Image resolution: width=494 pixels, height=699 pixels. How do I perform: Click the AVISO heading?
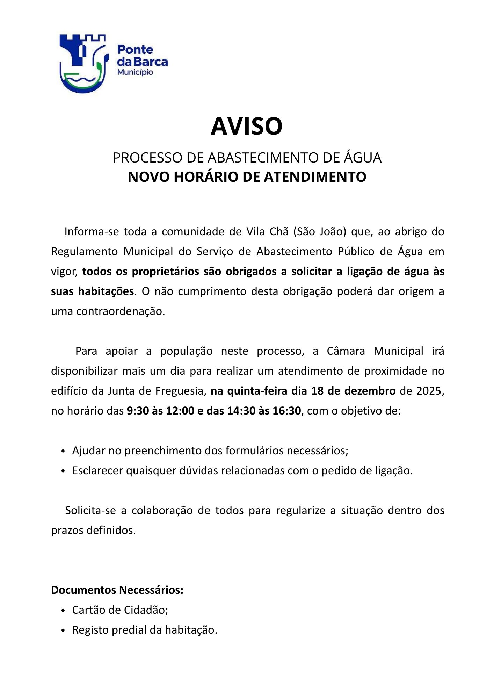(246, 126)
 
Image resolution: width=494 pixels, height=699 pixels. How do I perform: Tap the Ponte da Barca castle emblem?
(83, 63)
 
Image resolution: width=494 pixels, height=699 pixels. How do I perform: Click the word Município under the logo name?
(135, 72)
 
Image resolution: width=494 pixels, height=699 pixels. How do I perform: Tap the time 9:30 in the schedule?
(138, 411)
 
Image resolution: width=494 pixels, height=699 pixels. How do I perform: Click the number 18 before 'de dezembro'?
(318, 391)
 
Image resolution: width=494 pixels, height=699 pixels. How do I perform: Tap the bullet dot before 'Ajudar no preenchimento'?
(63, 451)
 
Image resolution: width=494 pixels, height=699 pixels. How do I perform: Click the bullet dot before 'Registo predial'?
(63, 631)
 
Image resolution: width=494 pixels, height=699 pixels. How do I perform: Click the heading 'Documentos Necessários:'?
(117, 590)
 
